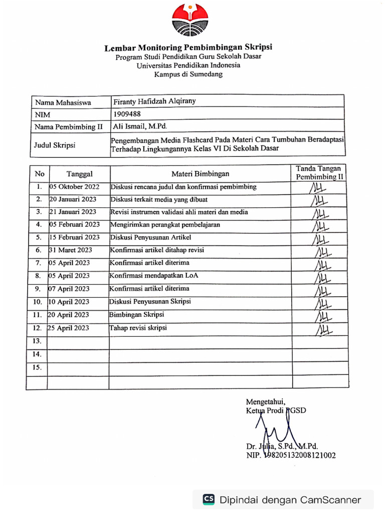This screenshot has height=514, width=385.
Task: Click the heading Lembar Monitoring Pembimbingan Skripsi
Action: [188, 48]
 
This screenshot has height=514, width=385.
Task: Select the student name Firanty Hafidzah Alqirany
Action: [154, 101]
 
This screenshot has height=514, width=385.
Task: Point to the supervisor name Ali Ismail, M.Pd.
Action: [139, 126]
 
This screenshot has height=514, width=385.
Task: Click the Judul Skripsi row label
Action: [55, 145]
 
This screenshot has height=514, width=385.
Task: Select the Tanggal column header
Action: [79, 174]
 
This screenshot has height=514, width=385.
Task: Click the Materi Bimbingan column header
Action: [200, 174]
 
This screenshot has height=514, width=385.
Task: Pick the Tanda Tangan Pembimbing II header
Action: [319, 173]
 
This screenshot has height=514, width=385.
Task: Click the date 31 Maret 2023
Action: [71, 250]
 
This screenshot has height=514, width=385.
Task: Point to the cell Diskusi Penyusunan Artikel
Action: [150, 237]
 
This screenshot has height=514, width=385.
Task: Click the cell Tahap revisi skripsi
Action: [138, 328]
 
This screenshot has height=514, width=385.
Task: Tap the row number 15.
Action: [37, 367]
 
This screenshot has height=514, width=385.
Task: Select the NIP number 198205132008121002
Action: [291, 456]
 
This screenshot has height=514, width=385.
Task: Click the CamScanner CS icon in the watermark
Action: [209, 499]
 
